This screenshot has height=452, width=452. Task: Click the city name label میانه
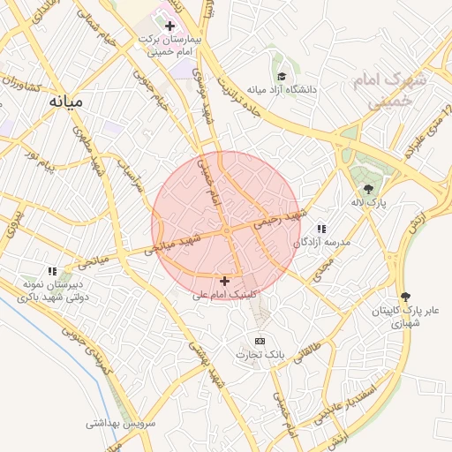[65, 102]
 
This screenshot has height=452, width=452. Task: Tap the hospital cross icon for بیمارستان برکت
[170, 26]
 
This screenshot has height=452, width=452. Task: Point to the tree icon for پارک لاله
[368, 189]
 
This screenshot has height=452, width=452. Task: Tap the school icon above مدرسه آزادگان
[320, 229]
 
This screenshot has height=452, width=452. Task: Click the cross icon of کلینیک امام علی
[224, 281]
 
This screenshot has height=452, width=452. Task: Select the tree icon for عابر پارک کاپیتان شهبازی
[405, 298]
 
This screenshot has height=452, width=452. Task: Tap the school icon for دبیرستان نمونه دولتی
[52, 271]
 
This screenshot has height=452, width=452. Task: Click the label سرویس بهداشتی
[121, 423]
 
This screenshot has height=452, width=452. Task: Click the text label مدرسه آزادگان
[327, 242]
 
